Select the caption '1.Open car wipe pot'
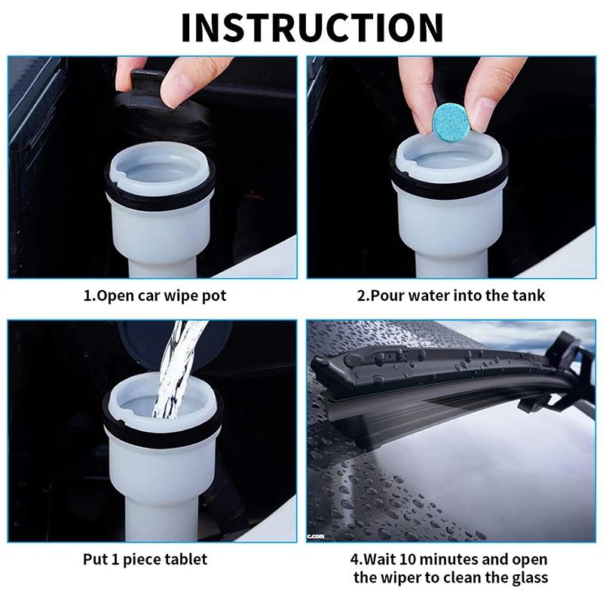(154, 295)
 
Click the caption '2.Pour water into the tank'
(450, 295)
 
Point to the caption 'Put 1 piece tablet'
(145, 559)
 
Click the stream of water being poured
(172, 369)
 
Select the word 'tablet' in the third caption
(185, 559)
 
